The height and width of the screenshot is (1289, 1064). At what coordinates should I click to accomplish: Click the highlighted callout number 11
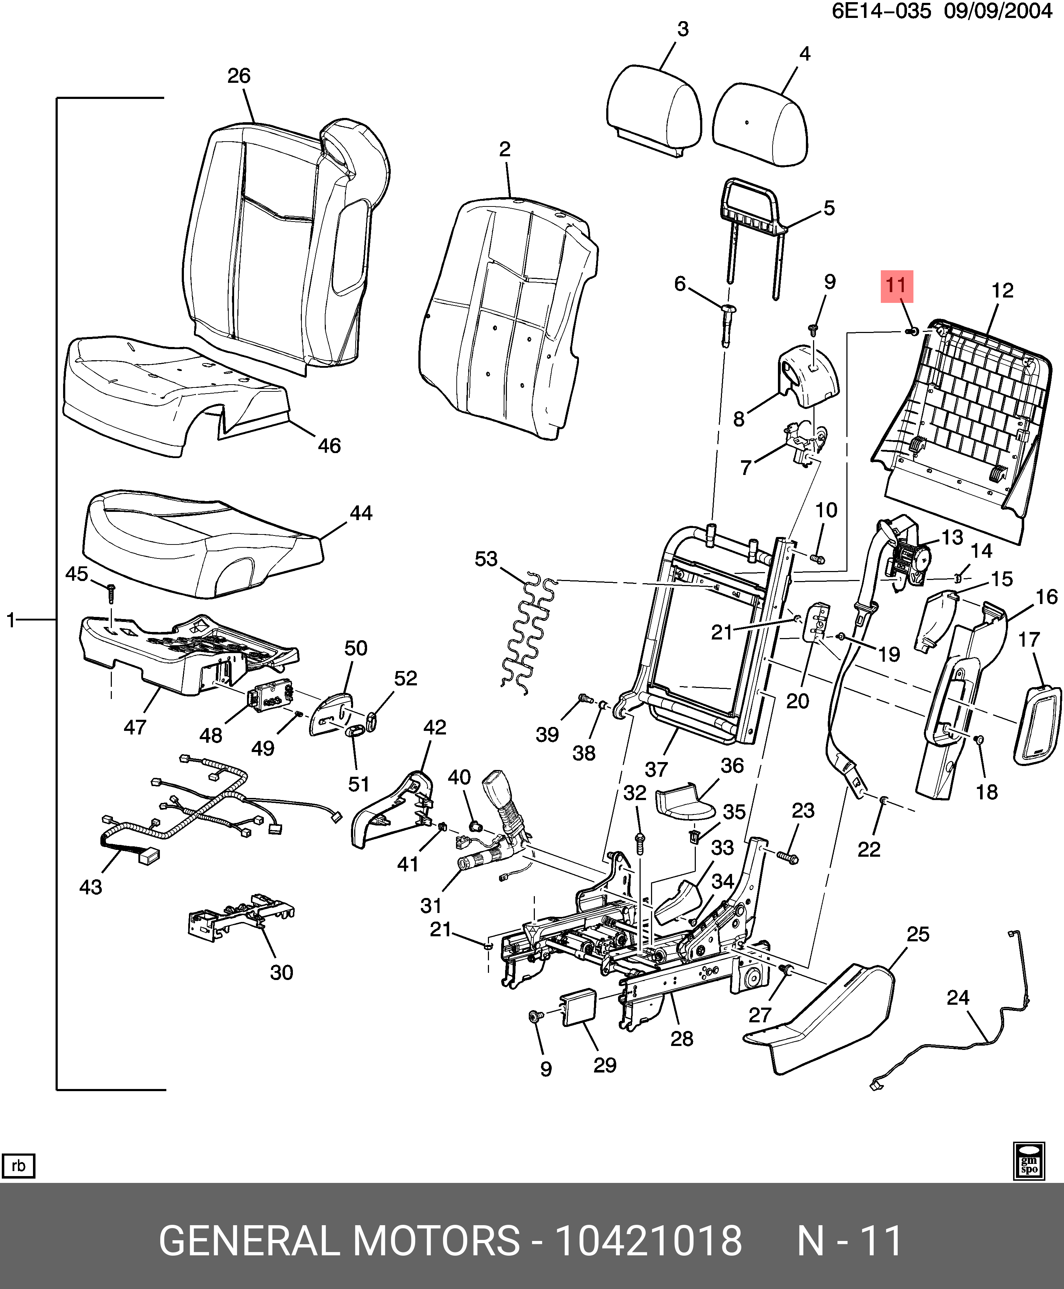897,286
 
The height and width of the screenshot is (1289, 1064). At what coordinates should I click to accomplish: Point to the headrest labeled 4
760,126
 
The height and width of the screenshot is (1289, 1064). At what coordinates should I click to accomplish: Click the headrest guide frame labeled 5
752,208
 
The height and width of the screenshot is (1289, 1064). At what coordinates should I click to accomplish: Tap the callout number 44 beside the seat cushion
360,513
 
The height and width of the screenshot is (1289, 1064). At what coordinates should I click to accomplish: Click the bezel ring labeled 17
1037,723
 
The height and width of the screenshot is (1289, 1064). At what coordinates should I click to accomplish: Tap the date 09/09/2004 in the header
997,11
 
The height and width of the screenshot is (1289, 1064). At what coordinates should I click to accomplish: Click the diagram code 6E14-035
881,11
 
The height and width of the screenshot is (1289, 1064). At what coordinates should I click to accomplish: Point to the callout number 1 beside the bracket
10,620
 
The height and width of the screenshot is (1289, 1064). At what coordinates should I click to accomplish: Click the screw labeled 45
111,593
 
